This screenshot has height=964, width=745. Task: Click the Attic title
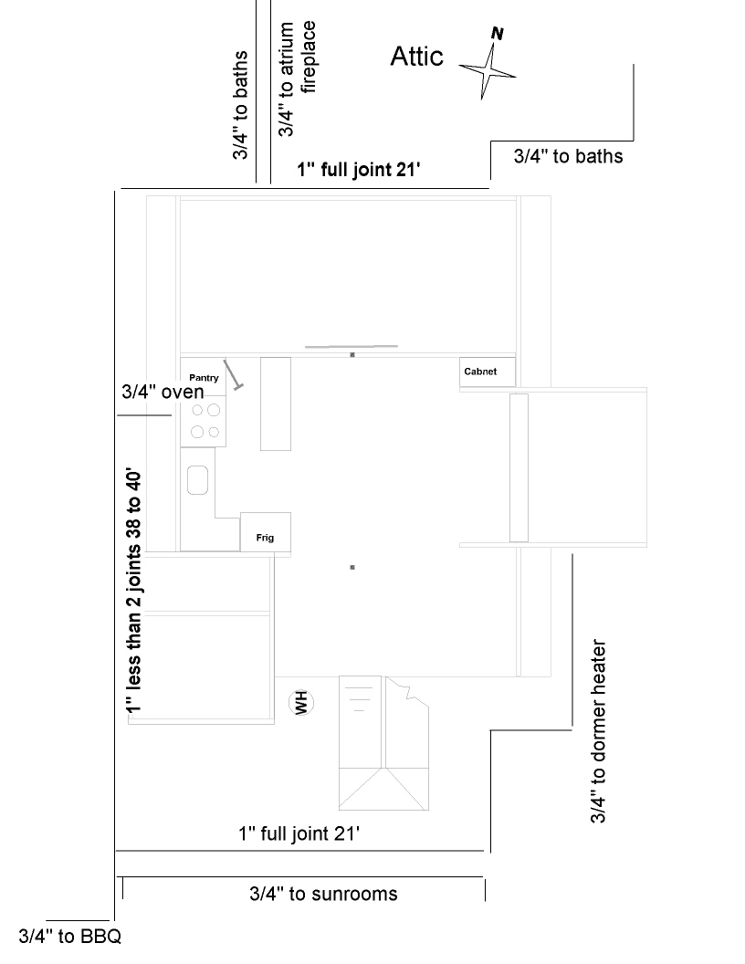(416, 57)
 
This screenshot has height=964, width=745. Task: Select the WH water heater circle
(301, 702)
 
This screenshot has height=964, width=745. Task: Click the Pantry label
(204, 378)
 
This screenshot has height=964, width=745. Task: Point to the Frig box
(265, 532)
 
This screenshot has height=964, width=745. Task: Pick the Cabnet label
(480, 372)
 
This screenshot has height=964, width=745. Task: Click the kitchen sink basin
(197, 480)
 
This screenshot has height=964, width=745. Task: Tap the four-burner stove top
(204, 421)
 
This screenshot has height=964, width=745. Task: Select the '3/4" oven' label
(163, 392)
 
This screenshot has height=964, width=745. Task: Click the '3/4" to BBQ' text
(70, 937)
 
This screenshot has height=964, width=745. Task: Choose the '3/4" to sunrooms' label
(323, 894)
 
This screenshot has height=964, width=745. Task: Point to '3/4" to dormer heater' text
(598, 731)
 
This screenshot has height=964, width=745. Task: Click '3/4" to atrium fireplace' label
(297, 79)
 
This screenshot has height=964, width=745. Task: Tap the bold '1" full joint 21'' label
(359, 169)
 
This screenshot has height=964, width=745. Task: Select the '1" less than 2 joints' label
(133, 592)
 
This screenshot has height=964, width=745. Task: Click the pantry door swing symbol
(233, 374)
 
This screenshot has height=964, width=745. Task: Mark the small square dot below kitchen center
(352, 567)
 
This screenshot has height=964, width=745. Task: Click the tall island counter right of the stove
(276, 403)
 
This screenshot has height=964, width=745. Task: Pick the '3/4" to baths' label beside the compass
(568, 156)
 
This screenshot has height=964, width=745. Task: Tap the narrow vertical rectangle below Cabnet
(519, 468)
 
